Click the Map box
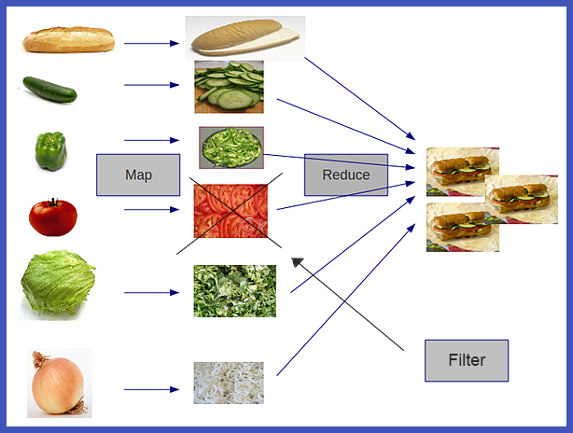(137, 175)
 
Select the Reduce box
(345, 175)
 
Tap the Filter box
(467, 360)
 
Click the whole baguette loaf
(68, 40)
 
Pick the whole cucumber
(49, 89)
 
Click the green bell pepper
(50, 150)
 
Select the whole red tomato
(52, 217)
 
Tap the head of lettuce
(59, 281)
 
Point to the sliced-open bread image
(245, 38)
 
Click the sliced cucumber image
(229, 87)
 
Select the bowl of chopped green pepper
(231, 147)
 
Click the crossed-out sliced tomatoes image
(231, 210)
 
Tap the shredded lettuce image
(234, 290)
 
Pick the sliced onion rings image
(229, 383)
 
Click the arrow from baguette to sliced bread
(151, 43)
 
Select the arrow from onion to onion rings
(151, 389)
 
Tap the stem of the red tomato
(54, 202)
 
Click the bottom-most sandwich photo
(462, 227)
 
